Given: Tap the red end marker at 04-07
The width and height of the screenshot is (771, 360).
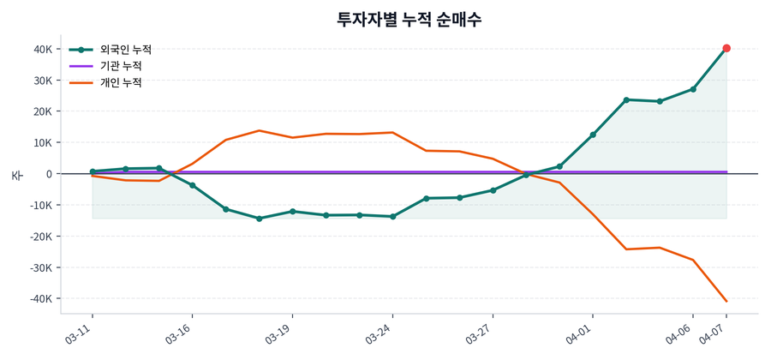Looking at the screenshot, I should coord(726,48).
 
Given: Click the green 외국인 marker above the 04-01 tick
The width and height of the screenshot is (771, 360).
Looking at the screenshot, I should coord(593,135).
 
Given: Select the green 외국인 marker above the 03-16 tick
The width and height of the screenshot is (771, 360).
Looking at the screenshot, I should coord(192,185).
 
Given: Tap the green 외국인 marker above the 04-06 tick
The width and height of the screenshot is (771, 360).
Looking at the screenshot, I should coord(693,89).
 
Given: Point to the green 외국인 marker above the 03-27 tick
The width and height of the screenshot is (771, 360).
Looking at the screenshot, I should coord(493,190).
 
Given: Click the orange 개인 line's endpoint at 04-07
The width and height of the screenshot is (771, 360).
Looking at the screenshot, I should coord(726,301).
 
